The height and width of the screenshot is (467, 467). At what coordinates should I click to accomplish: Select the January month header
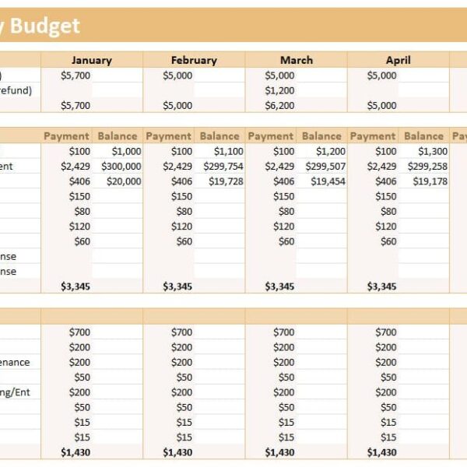coord(91,60)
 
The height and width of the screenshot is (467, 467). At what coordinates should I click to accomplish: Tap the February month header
coord(194,60)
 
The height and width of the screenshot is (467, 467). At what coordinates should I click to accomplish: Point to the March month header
coord(296,60)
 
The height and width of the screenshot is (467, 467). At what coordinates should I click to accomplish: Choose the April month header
coord(398,60)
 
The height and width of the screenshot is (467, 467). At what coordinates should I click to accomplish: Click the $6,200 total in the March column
coord(280,106)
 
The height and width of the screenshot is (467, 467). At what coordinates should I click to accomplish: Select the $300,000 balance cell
coord(121,167)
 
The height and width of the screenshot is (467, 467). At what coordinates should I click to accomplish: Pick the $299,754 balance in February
coord(223,167)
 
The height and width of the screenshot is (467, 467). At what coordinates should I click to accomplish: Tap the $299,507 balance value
coord(325,167)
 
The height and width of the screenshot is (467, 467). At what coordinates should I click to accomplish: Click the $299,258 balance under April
coord(427,167)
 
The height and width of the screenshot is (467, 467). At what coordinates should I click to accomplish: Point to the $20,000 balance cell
coord(124,181)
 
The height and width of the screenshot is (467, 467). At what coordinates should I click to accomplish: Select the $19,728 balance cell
coord(226,181)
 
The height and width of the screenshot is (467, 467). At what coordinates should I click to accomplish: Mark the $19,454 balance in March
coord(328,181)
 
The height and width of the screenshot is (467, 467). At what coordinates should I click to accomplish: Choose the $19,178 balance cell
coord(430,181)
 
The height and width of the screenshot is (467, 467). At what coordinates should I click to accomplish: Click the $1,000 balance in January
coord(126,152)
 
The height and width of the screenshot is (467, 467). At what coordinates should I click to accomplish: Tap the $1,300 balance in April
coord(433,152)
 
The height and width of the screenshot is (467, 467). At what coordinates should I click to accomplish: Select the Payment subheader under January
coord(67,136)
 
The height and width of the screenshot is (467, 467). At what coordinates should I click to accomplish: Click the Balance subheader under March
coord(321,136)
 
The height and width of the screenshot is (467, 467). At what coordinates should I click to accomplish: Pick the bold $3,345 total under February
coord(177,286)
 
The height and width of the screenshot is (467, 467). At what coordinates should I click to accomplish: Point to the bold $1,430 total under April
coord(381,452)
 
